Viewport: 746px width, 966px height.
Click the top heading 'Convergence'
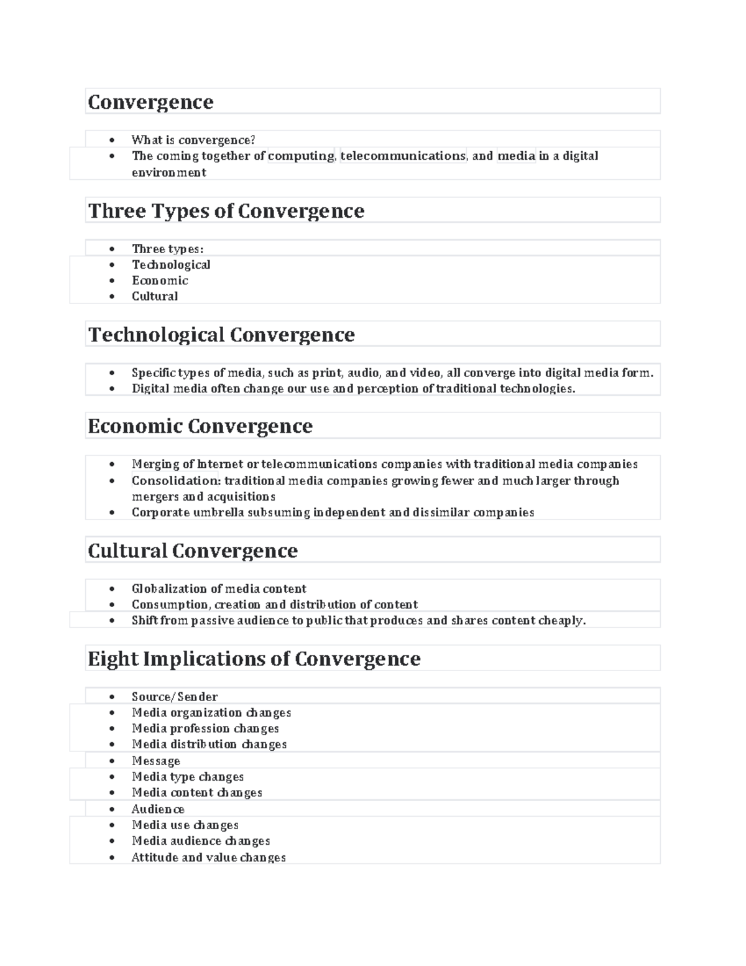(150, 102)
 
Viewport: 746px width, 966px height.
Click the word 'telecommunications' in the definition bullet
(403, 156)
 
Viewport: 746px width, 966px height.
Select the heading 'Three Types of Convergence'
(226, 211)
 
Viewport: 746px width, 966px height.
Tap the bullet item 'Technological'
(171, 265)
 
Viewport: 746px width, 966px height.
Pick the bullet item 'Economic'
(160, 281)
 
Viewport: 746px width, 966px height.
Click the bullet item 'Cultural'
(155, 297)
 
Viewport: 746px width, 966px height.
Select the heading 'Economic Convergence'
(200, 426)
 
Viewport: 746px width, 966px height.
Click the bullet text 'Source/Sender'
(175, 697)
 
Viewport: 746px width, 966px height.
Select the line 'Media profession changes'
(205, 728)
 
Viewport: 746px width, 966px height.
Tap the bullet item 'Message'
(156, 761)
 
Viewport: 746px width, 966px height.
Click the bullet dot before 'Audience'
(112, 809)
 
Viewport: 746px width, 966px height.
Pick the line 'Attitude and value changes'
(209, 858)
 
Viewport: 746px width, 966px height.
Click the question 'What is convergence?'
(193, 140)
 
